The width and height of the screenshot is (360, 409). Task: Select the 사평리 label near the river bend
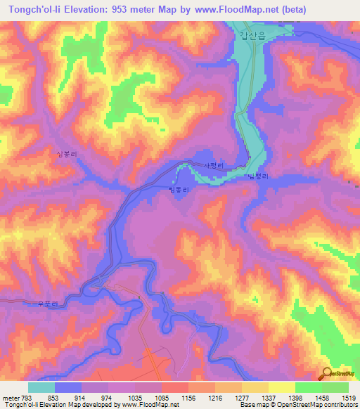click(x=212, y=165)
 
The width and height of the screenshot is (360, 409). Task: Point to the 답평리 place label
click(x=259, y=177)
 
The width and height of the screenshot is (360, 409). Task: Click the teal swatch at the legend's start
click(x=41, y=387)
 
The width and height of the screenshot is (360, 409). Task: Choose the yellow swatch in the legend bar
click(x=282, y=387)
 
